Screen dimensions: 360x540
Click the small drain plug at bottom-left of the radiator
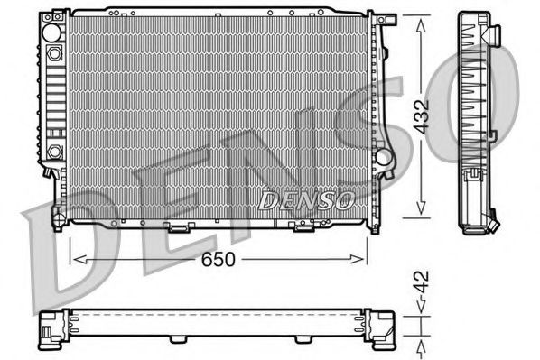57,215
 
